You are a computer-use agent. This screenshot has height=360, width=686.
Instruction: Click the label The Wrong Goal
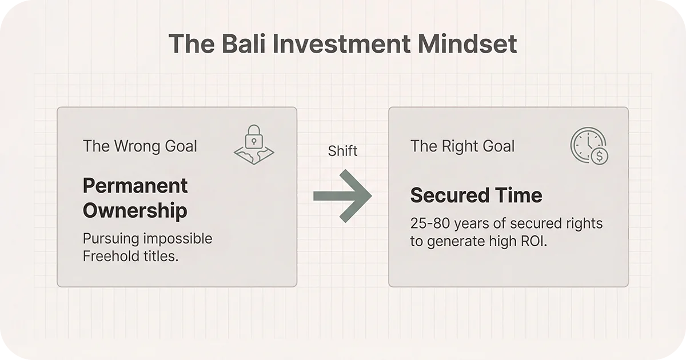pos(139,146)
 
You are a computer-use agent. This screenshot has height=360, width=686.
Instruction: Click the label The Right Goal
pos(462,146)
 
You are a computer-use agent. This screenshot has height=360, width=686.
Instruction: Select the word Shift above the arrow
pos(342,151)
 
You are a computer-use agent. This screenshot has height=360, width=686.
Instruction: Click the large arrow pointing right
pos(342,195)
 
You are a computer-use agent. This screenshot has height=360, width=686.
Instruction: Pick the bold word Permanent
pos(135,186)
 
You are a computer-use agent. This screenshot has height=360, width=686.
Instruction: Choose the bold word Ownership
pos(135,210)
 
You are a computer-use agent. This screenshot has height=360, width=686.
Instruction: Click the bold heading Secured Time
pos(476,195)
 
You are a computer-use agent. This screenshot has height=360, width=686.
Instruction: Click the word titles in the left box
pos(161,256)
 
